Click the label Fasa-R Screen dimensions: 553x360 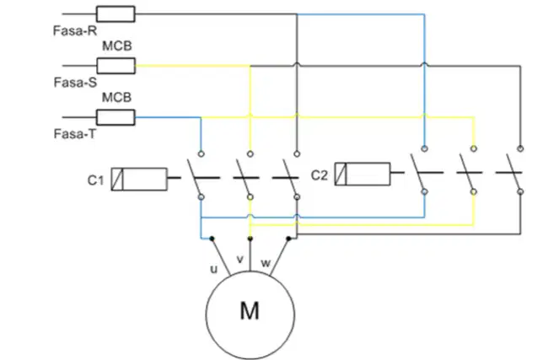[75, 30]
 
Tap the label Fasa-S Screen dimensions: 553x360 [75, 82]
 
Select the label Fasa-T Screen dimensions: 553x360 [74, 134]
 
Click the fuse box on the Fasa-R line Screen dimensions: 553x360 [115, 14]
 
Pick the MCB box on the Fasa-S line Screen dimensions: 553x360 [115, 66]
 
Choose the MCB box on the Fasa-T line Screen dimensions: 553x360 [115, 117]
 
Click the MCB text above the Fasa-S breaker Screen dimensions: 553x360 [116, 46]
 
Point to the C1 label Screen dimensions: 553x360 [95, 180]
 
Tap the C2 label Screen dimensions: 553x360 [319, 175]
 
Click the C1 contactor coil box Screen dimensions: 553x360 [139, 179]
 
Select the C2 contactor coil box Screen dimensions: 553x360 [362, 174]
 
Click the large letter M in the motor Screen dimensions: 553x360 [250, 310]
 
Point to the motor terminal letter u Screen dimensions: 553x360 [214, 270]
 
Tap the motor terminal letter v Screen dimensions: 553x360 [239, 260]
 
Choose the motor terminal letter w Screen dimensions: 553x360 [266, 263]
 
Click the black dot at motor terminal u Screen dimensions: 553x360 [212, 239]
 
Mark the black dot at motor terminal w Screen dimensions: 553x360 [288, 239]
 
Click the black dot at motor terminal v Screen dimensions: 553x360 [250, 239]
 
